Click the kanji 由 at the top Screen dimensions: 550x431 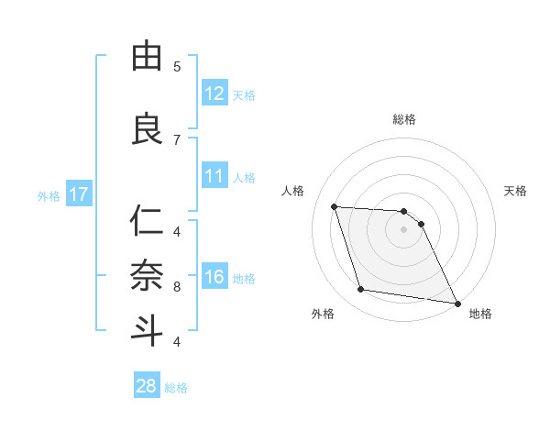point(147,57)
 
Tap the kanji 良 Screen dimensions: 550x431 point(147,128)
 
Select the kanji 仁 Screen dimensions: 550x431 point(147,221)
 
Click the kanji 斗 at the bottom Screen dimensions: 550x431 point(147,330)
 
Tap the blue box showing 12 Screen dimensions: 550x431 point(214,93)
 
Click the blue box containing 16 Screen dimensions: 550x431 point(214,277)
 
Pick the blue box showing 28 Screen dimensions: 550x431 point(147,386)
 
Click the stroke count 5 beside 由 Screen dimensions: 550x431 point(177,67)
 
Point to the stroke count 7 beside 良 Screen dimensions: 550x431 point(177,139)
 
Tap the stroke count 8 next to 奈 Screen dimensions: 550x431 point(177,287)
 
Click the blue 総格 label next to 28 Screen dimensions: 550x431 point(176,388)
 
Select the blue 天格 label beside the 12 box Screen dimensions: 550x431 point(244,94)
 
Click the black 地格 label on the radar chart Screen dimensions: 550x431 point(480,314)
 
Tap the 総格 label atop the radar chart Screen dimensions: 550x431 point(404,119)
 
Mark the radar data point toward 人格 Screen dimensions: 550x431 point(335,206)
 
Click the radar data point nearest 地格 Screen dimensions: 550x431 point(456,302)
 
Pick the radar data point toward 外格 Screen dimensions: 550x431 point(361,290)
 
